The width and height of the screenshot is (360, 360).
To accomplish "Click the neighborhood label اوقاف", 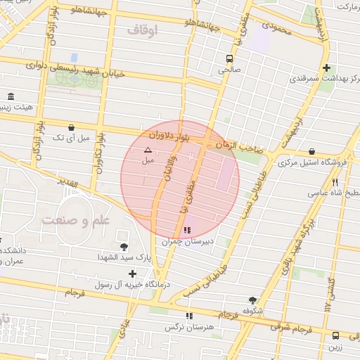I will (143, 30).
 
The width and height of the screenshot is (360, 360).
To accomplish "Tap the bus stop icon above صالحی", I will (230, 58).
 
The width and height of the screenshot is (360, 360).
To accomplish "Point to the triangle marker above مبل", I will (148, 150).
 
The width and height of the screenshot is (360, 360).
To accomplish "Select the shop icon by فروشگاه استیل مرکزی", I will (311, 151).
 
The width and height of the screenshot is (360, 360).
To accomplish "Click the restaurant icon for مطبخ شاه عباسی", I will (335, 182).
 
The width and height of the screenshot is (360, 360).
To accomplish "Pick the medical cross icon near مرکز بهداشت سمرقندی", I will (326, 68).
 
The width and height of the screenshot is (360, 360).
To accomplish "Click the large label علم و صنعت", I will (76, 220).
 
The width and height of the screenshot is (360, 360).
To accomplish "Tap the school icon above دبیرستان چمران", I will (186, 230).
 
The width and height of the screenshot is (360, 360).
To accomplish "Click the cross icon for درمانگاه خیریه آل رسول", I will (132, 273).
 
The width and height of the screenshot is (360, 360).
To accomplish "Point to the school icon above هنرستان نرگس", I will (188, 316).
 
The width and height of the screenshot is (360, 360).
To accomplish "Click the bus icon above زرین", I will (335, 335).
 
